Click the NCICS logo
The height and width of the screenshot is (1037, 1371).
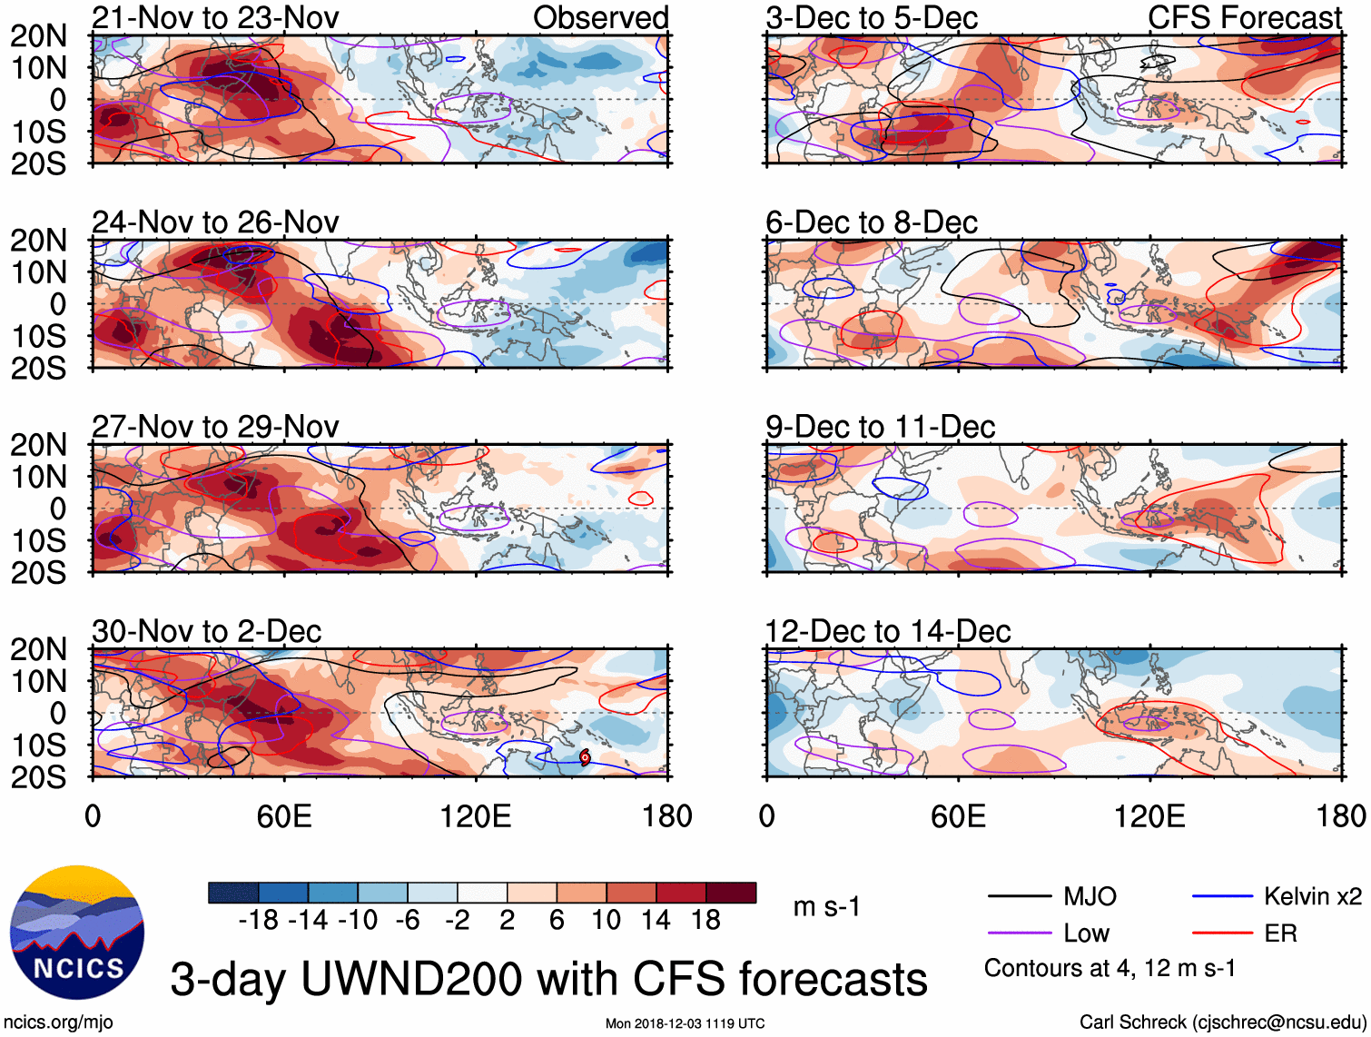[x=77, y=933]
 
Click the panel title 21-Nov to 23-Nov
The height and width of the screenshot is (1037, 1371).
[x=215, y=17]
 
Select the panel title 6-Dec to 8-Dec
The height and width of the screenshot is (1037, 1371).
[x=871, y=222]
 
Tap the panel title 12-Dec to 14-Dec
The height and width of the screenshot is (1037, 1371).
[x=887, y=631]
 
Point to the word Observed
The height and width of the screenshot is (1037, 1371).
[x=600, y=17]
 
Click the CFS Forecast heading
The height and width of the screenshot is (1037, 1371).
[x=1244, y=17]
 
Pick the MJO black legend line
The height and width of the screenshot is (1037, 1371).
[x=1020, y=897]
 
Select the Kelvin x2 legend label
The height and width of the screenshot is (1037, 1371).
[x=1312, y=897]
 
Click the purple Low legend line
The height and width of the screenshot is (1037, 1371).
[x=1020, y=933]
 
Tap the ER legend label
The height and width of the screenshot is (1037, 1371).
[x=1280, y=933]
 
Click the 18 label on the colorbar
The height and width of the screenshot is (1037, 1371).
[x=705, y=921]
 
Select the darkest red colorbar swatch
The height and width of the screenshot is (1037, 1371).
[x=731, y=893]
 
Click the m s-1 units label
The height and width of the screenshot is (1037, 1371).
[x=826, y=906]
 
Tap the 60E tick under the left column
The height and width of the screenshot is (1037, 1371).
[x=284, y=815]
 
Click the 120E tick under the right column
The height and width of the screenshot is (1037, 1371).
[x=1149, y=815]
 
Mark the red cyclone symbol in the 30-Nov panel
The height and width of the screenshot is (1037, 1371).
[x=585, y=757]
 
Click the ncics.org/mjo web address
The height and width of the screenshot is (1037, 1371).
[x=59, y=1022]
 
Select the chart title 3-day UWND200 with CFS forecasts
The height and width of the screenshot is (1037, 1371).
[x=548, y=979]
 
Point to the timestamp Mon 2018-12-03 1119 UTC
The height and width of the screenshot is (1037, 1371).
[x=685, y=1023]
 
